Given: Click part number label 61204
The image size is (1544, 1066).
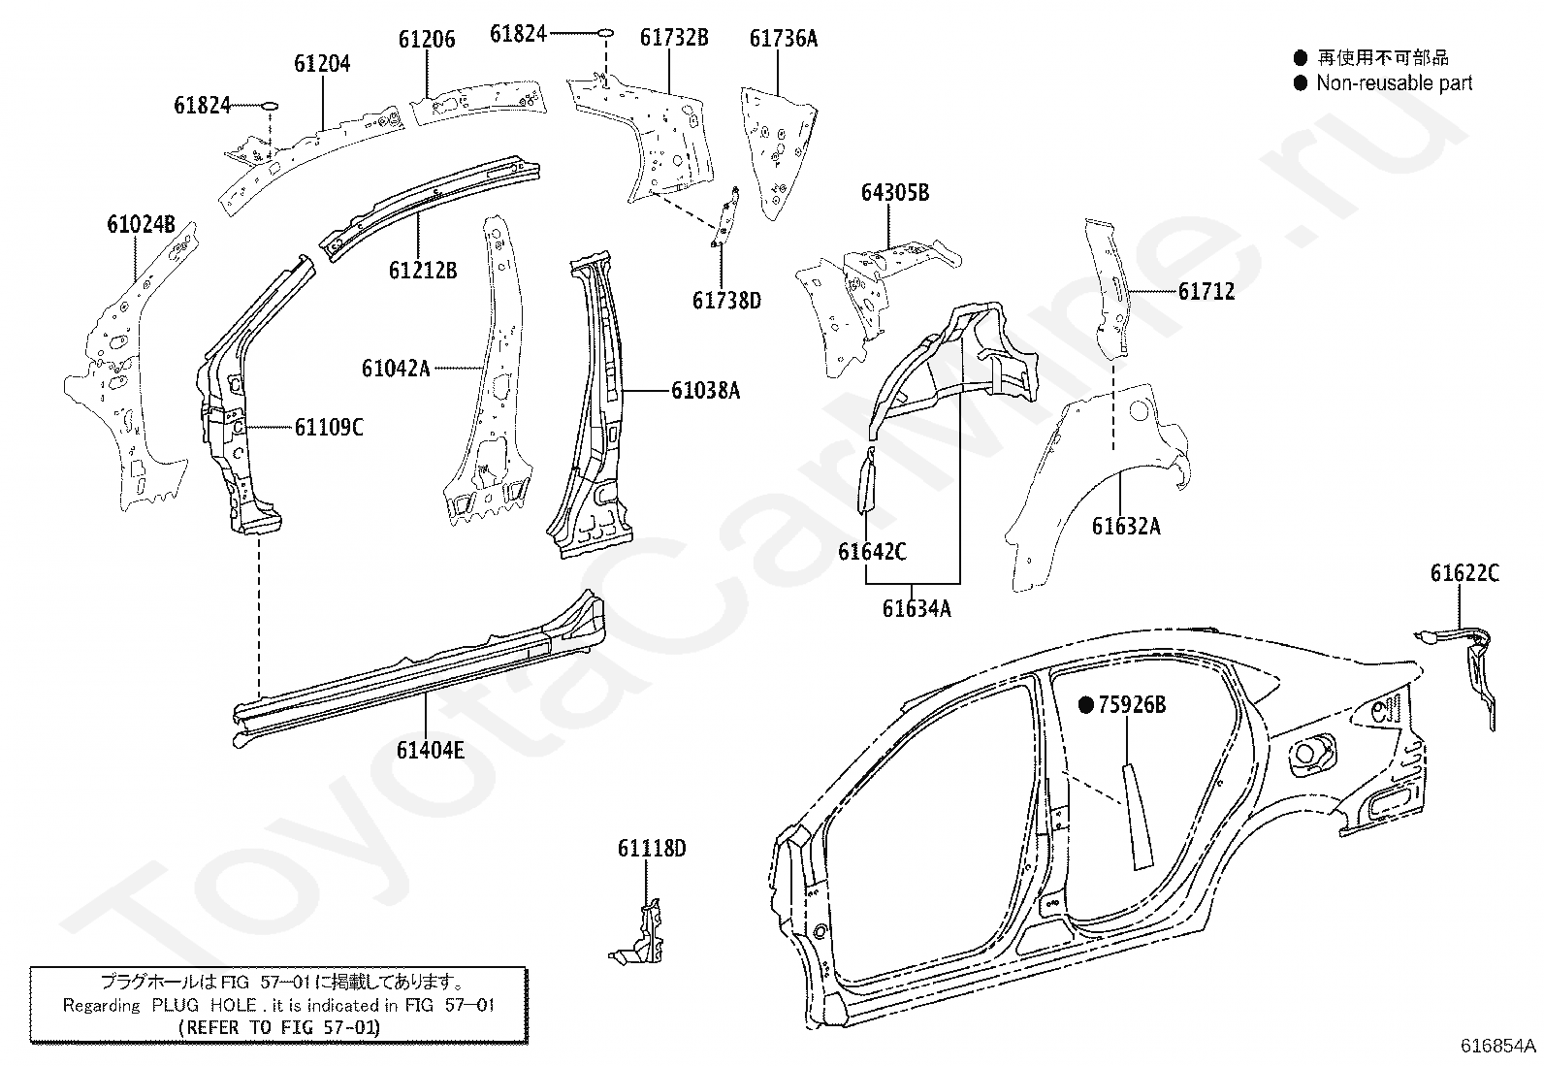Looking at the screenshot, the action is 322,63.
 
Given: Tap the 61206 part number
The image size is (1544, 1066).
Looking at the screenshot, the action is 427,40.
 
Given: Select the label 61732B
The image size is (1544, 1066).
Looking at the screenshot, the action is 674,37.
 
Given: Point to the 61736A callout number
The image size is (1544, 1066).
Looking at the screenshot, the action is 784,39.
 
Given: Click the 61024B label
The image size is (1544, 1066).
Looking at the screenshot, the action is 142,224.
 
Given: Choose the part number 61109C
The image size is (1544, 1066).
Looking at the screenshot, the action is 329,428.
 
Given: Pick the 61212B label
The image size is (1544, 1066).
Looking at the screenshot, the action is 423,271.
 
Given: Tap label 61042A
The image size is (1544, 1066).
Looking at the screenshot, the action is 396,369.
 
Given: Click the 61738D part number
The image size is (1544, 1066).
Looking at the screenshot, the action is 726,301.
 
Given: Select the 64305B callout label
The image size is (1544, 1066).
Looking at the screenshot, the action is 895,192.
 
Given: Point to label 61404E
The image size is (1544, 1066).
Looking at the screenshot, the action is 430,750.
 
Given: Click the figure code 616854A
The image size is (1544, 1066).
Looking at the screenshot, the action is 1497,1046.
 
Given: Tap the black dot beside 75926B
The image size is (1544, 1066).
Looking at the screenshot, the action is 1086,705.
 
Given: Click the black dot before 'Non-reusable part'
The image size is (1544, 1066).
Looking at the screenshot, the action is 1301,83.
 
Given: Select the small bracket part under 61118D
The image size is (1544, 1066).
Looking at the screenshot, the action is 641,934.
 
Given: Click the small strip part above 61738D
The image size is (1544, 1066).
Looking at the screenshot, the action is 725,216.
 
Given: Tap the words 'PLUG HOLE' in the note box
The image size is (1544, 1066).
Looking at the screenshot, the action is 204,1005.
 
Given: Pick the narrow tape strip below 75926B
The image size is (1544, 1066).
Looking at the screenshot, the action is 1137,815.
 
